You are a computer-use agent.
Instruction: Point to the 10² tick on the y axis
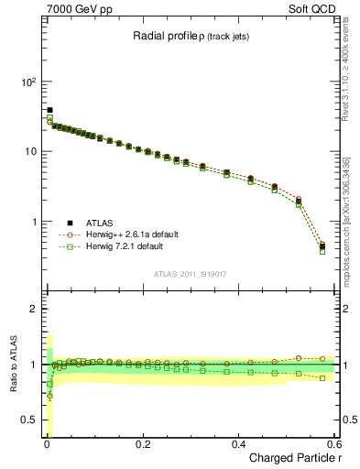click(x=28, y=82)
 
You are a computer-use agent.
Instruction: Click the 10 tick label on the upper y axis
click(x=31, y=151)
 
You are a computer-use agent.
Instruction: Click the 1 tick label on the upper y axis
click(x=34, y=222)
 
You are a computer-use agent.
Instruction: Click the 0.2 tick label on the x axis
click(x=142, y=443)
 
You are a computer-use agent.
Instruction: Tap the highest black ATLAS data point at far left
click(x=49, y=110)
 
